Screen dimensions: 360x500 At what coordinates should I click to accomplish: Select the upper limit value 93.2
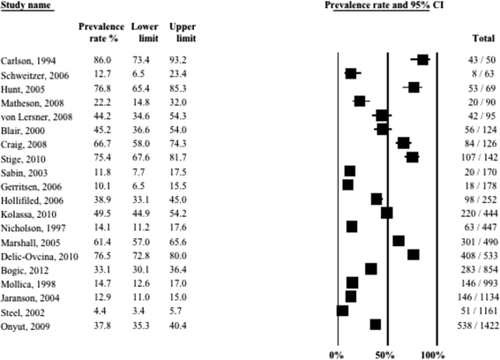[177, 59]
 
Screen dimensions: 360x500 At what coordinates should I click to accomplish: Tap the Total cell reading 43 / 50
[473, 59]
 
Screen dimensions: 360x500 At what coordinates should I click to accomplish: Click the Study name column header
[27, 6]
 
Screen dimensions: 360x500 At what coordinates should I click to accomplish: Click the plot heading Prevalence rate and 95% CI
[385, 6]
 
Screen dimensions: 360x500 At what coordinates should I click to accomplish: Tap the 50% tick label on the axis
[386, 354]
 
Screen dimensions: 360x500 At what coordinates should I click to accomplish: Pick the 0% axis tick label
[337, 354]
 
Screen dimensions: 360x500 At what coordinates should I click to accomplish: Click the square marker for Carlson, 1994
[422, 59]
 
